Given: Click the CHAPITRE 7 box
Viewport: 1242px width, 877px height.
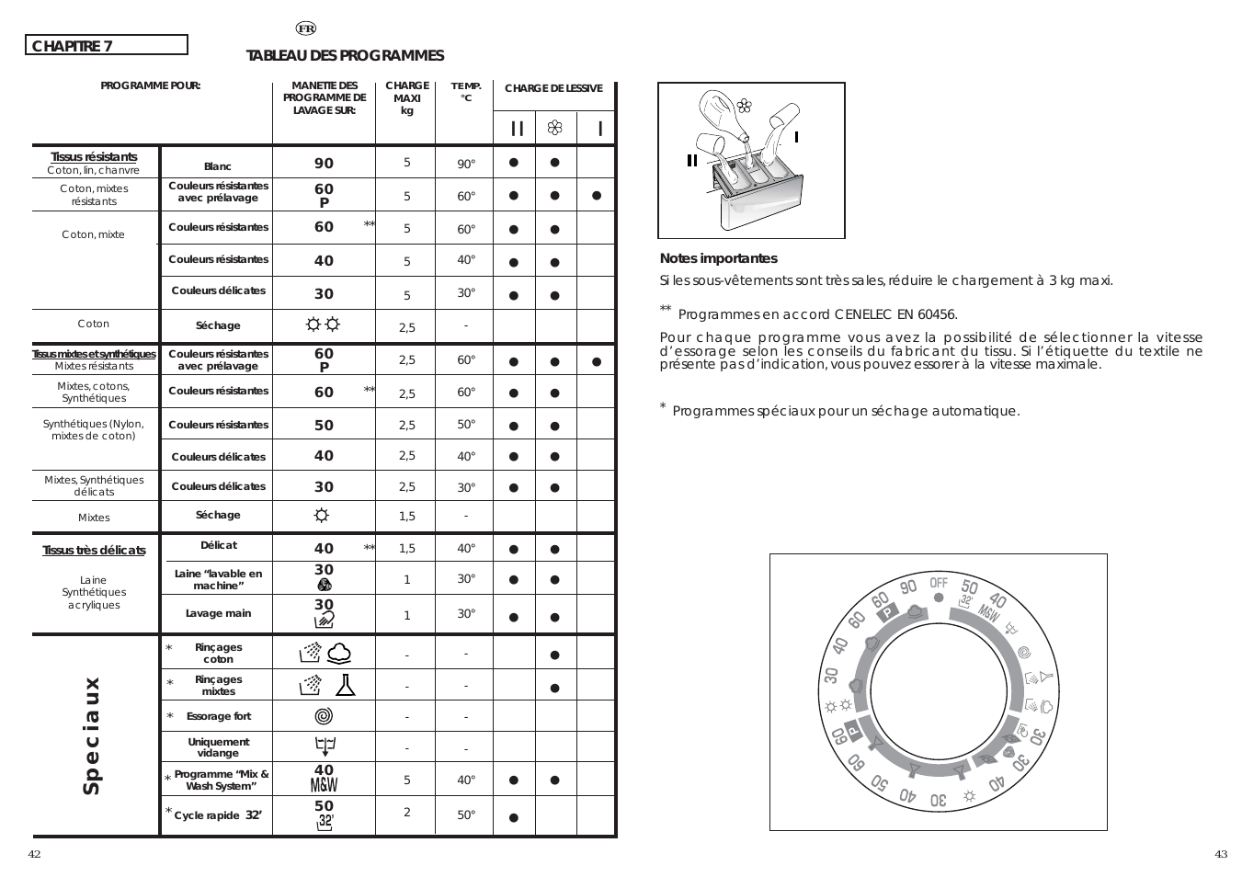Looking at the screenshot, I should (106, 45).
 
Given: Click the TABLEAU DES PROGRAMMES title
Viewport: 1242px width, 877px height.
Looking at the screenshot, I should (345, 56).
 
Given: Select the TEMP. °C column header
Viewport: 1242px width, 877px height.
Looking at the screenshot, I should (465, 92).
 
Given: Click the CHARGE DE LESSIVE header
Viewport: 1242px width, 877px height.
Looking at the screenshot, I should (553, 88).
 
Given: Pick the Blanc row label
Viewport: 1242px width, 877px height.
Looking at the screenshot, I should (218, 166).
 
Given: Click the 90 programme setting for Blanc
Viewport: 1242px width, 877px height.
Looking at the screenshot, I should (324, 164).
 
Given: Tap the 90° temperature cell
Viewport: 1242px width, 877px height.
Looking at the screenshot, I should (466, 165).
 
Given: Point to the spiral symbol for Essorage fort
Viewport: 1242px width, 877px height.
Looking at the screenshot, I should (324, 715).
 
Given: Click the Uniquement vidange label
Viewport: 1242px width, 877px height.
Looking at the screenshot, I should (218, 747).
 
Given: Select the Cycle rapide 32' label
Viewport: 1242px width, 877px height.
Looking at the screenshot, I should (218, 815).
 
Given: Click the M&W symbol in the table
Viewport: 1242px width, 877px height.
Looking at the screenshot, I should (324, 785).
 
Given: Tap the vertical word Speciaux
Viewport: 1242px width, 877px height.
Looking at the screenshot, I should (91, 736).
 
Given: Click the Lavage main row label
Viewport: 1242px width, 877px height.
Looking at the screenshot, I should (218, 613).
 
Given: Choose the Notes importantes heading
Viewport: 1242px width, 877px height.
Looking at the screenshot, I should (718, 259).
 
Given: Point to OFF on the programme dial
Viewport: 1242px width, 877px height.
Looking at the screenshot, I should (938, 583).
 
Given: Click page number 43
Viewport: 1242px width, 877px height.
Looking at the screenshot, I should (1220, 854).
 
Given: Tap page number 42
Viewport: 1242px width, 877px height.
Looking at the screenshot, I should (34, 854).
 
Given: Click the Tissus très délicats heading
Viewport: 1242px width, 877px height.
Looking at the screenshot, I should (94, 551).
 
